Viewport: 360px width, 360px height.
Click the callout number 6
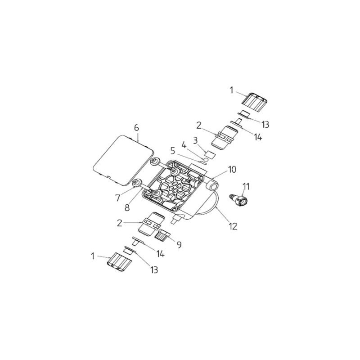tap(137, 128)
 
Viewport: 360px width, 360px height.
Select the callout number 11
tap(246, 186)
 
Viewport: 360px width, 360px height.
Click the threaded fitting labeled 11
tap(239, 200)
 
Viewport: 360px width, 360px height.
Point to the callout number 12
tap(233, 227)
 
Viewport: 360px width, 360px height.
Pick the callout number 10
tap(232, 170)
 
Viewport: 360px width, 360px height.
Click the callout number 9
tap(179, 245)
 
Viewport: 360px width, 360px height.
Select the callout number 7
tap(118, 198)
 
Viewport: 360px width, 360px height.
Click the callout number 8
tap(127, 207)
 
